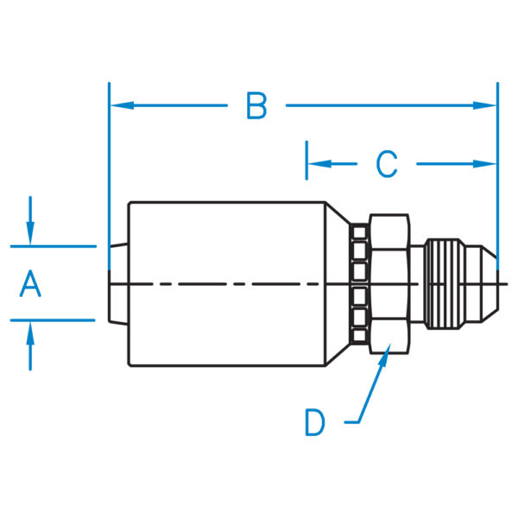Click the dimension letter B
[x=256, y=105]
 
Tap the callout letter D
[x=315, y=422]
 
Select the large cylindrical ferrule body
[x=224, y=283]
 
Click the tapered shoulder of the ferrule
[x=338, y=283]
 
